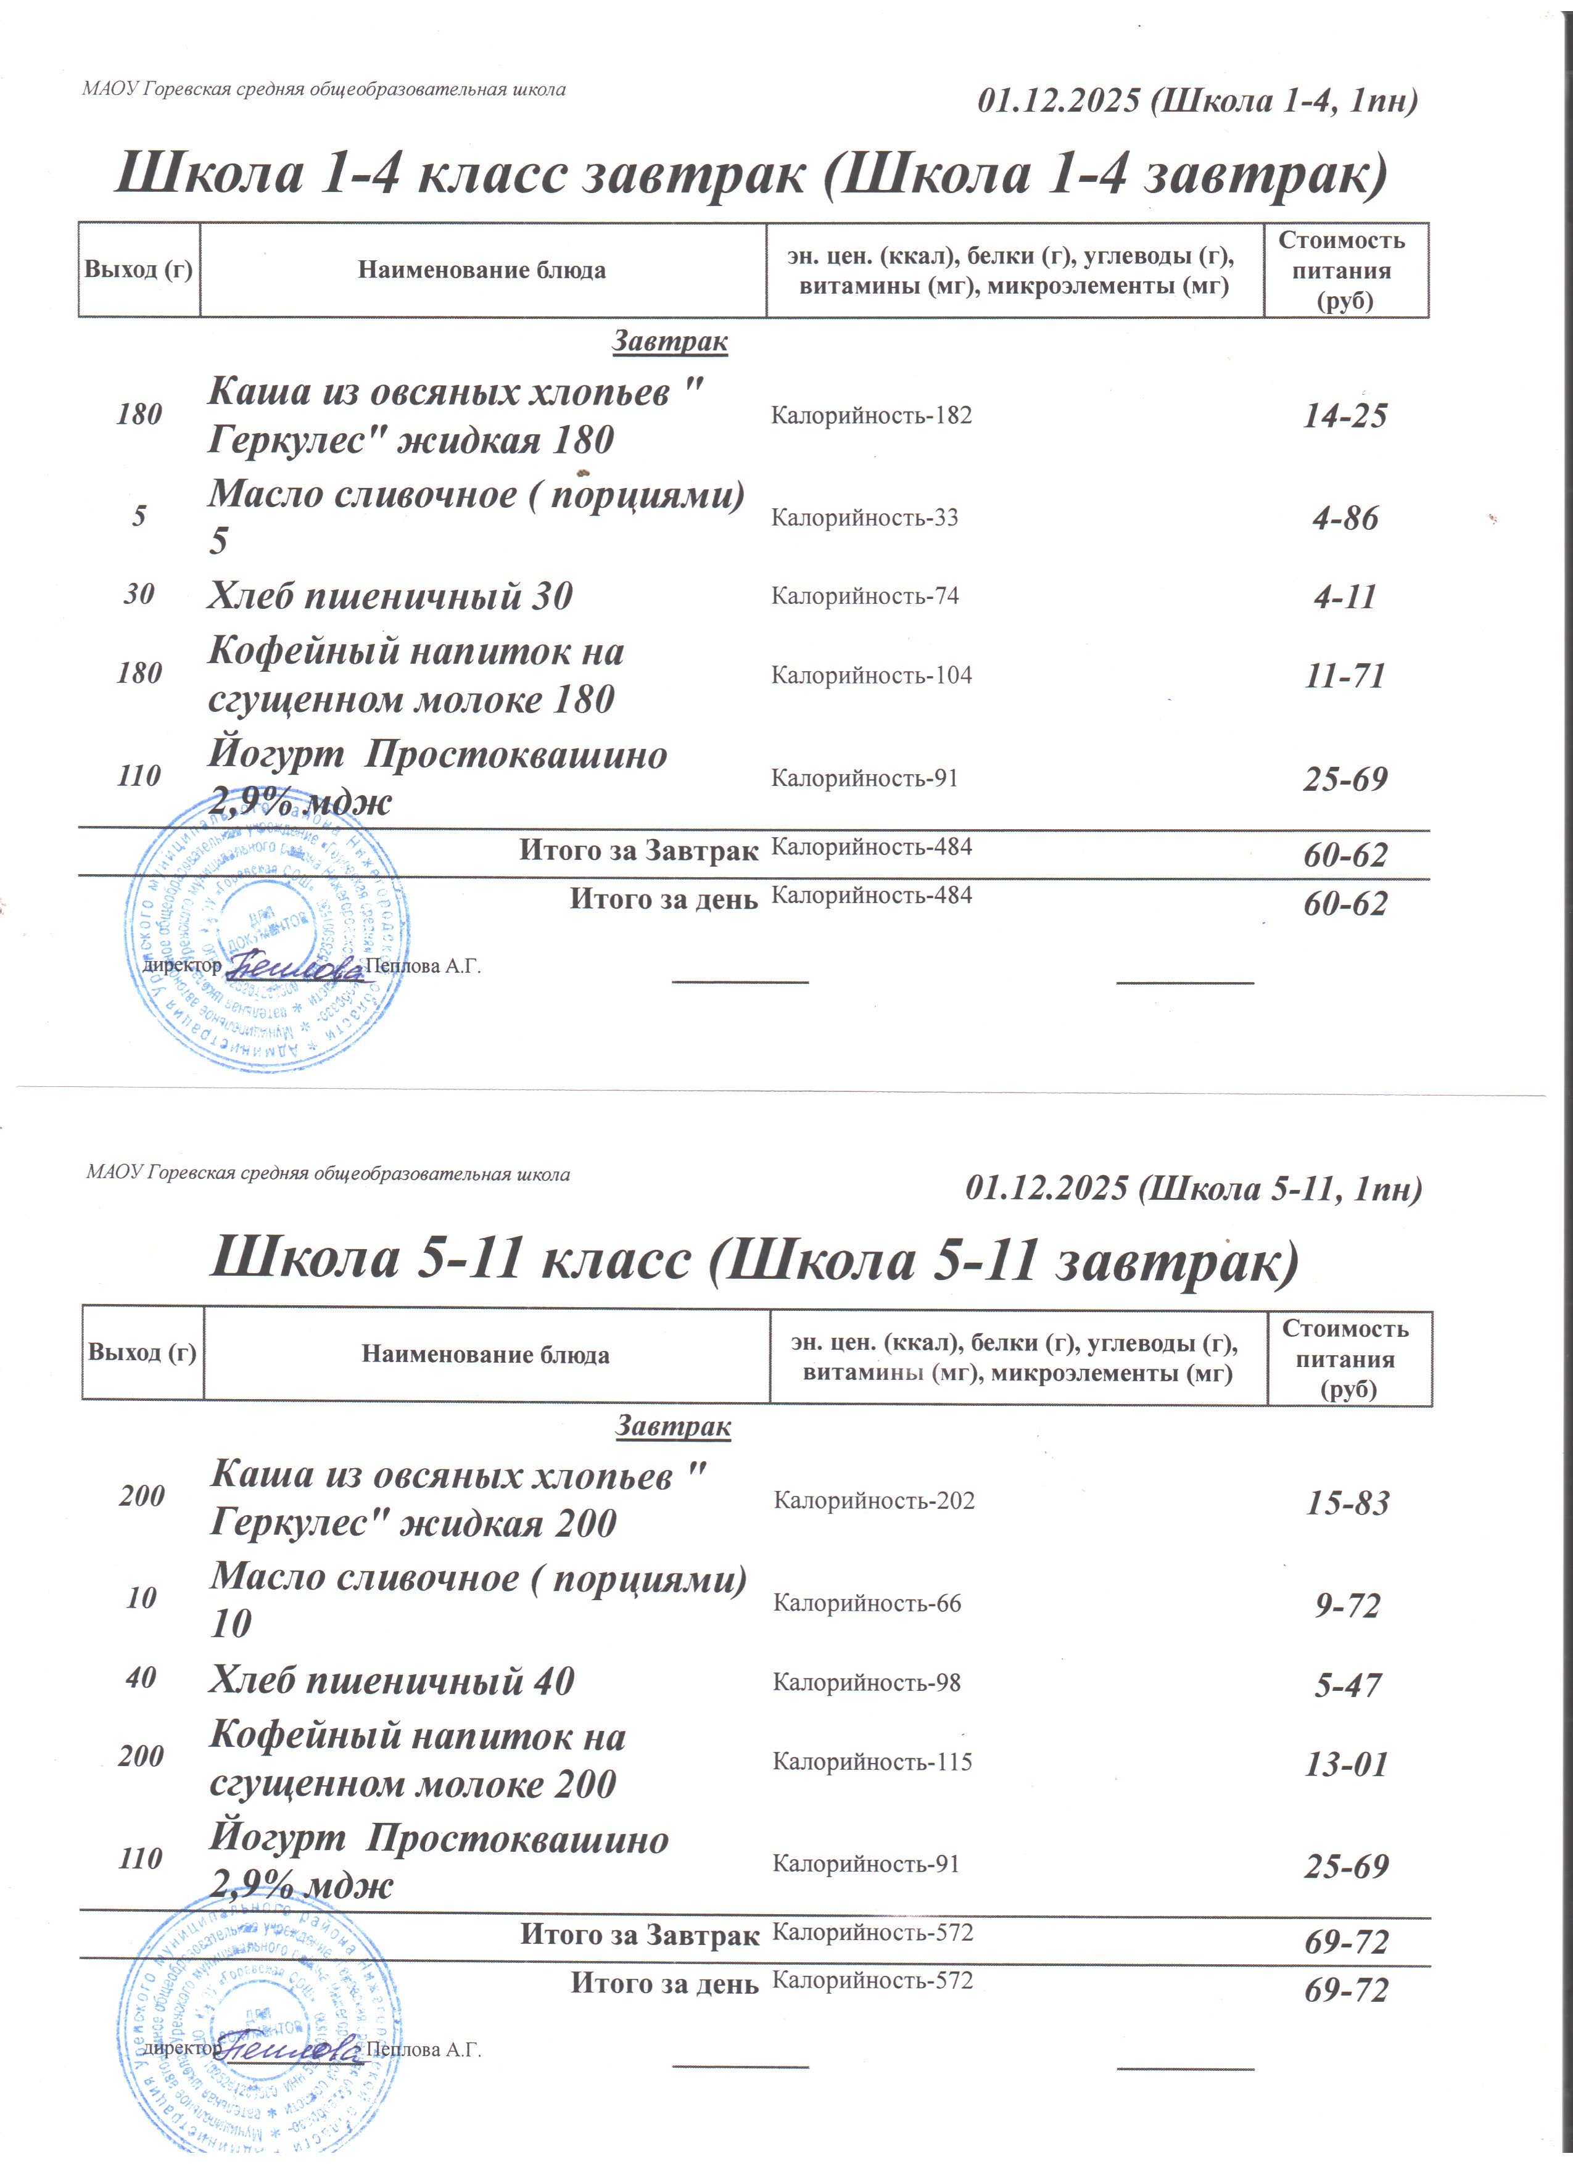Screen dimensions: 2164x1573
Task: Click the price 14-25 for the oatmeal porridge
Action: (x=1345, y=415)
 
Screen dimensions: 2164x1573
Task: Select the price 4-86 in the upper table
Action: (x=1345, y=518)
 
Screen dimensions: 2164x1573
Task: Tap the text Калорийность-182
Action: (x=871, y=415)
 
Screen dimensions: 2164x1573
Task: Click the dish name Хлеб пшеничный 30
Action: (x=390, y=597)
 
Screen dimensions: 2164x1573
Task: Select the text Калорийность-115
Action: (x=872, y=1762)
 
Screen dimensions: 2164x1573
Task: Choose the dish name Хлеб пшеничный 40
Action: (x=391, y=1681)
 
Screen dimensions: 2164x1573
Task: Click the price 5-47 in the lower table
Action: (x=1347, y=1685)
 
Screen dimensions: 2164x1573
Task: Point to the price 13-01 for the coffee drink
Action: (x=1347, y=1764)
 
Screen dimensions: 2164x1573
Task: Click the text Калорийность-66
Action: (x=866, y=1603)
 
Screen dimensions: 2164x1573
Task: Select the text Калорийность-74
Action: (x=864, y=597)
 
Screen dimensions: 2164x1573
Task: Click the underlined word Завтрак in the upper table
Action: (x=670, y=342)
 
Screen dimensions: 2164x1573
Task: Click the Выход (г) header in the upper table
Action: (x=138, y=270)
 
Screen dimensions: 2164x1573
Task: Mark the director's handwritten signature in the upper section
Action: (x=294, y=967)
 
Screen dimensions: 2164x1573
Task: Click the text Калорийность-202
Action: (x=873, y=1501)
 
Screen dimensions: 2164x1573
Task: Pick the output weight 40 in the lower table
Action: (x=141, y=1679)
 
